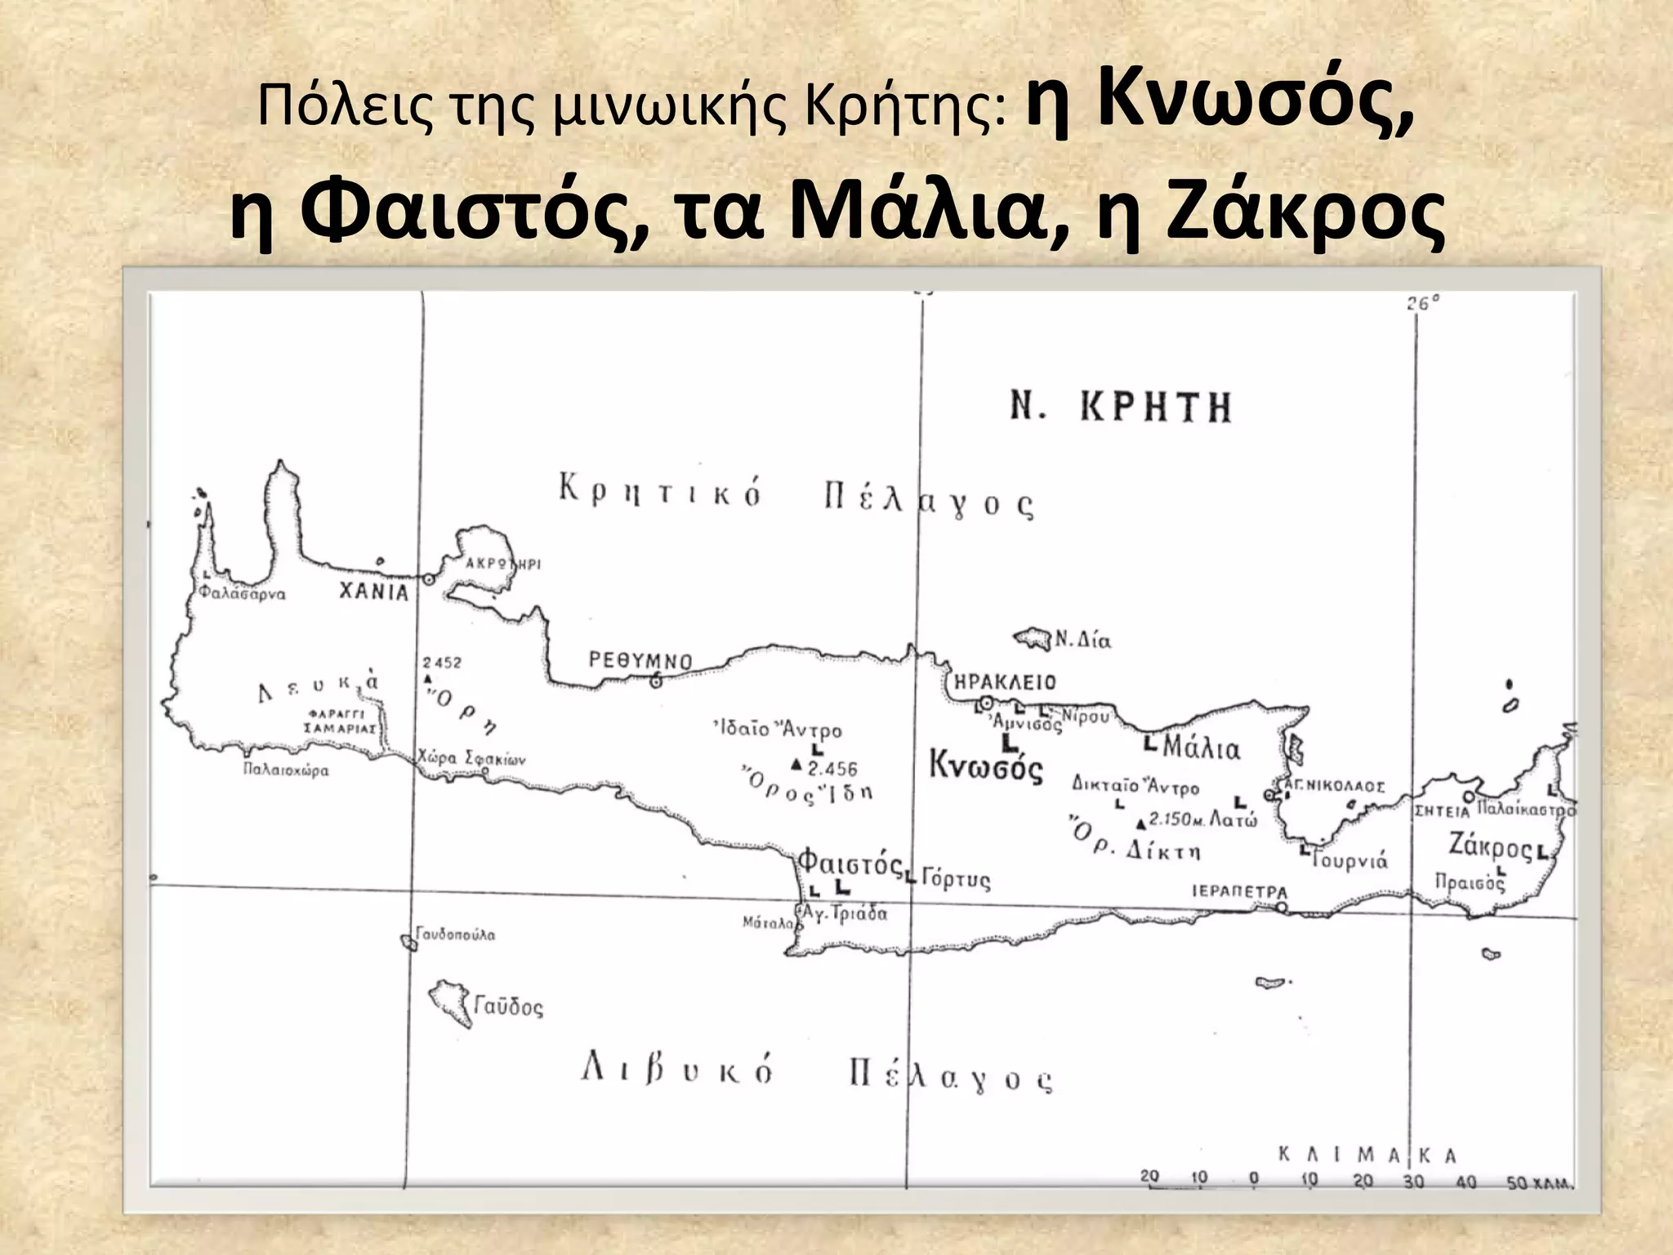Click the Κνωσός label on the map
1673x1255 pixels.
click(x=986, y=767)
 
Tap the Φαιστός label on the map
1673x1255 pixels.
click(x=850, y=861)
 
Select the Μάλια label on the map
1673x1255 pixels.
click(x=1201, y=748)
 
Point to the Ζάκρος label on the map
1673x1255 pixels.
click(x=1490, y=846)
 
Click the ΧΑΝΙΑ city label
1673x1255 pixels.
click(x=374, y=592)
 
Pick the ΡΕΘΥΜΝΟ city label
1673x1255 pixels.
click(x=640, y=661)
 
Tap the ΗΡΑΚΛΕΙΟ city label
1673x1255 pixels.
click(x=1005, y=682)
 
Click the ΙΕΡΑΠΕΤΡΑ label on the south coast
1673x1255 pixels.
click(x=1239, y=891)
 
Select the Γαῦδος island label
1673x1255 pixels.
click(x=508, y=1006)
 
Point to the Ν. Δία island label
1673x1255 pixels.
click(x=1082, y=639)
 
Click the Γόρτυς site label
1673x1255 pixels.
click(x=956, y=880)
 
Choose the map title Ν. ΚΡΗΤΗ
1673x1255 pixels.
click(x=1121, y=406)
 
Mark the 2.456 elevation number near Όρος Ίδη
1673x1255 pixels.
click(x=832, y=769)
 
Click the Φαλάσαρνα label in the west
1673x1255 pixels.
click(x=243, y=594)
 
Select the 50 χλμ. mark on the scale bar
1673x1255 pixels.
click(x=1539, y=1182)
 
